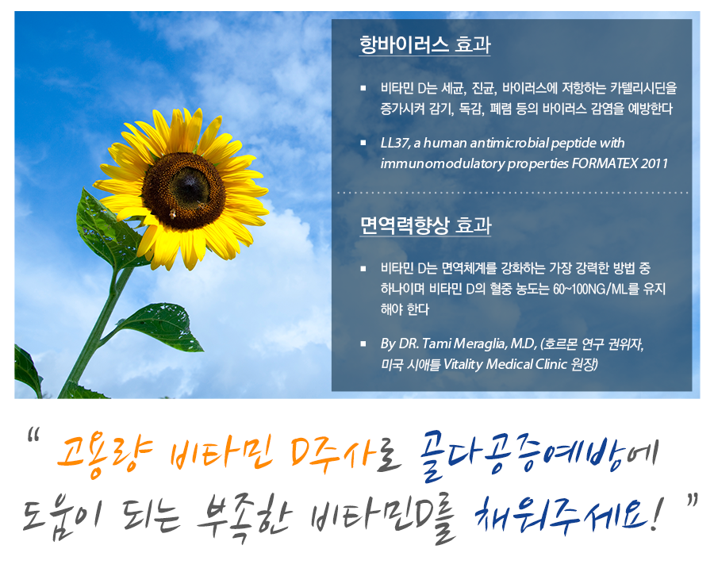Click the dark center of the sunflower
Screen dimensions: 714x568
click(x=183, y=191)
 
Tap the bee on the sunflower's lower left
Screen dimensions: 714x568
click(x=173, y=213)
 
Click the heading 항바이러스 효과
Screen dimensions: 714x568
click(x=425, y=44)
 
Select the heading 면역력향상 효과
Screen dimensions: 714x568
click(x=425, y=225)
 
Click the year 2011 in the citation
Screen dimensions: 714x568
click(x=654, y=163)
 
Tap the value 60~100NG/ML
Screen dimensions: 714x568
click(x=590, y=289)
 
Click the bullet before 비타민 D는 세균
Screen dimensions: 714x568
click(x=363, y=88)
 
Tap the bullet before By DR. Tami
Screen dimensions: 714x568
click(x=363, y=344)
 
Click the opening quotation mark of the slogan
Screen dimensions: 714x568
click(x=33, y=435)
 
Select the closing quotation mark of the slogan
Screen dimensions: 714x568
click(x=692, y=500)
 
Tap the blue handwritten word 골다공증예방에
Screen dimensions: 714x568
click(x=539, y=455)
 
